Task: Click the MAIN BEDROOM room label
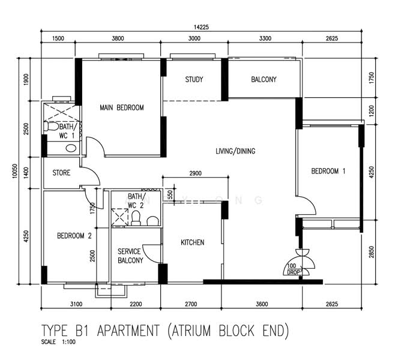[122, 108]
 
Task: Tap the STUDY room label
[194, 80]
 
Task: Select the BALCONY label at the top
[264, 80]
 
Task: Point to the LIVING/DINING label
[235, 151]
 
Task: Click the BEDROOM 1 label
[328, 172]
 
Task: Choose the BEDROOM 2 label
[74, 236]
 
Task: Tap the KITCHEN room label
[193, 242]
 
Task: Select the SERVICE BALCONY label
[130, 256]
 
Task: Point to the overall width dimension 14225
[201, 26]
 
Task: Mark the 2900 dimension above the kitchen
[194, 173]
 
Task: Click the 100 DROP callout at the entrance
[293, 269]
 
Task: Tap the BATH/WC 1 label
[67, 132]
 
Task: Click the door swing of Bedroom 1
[307, 207]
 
